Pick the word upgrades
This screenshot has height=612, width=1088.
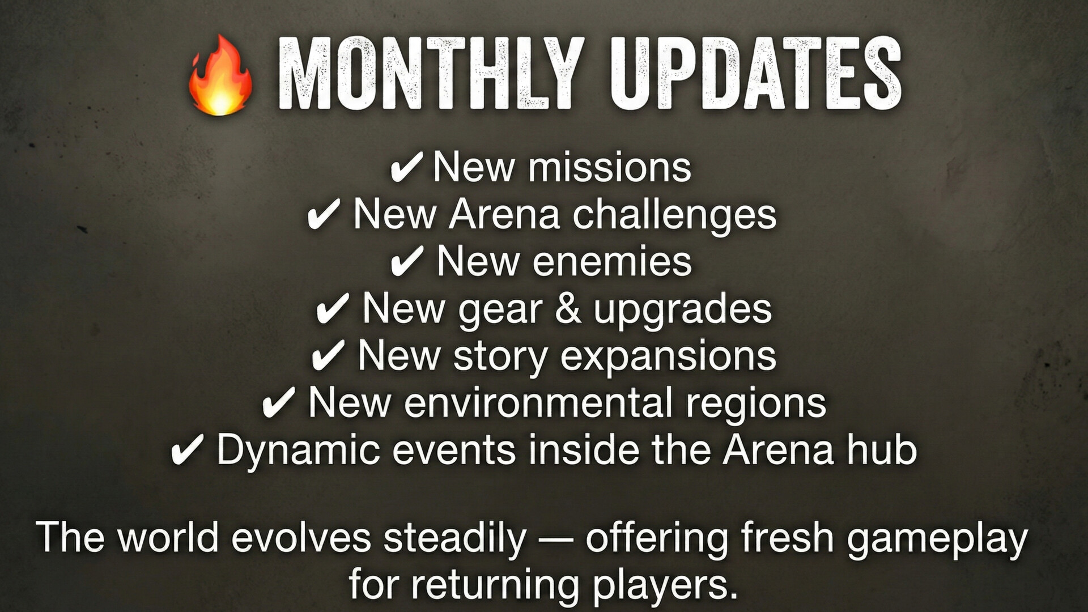pos(682,311)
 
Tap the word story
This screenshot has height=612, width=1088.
pos(500,357)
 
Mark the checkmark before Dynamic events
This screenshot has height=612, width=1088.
pos(187,452)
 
